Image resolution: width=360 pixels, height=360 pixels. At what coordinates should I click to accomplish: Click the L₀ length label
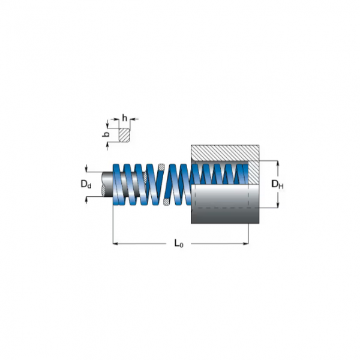(x=178, y=243)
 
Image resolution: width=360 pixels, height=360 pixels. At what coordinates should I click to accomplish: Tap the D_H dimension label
(x=277, y=185)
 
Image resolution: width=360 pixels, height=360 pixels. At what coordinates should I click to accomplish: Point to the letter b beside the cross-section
(x=107, y=135)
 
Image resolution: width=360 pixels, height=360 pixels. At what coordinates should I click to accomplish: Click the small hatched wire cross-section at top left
(x=124, y=134)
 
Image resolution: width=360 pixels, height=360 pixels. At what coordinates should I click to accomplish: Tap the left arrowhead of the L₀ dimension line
(x=116, y=244)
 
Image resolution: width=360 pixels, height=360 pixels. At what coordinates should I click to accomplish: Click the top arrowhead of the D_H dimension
(x=277, y=163)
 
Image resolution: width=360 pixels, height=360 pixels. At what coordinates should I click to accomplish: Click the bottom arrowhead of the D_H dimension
(x=277, y=206)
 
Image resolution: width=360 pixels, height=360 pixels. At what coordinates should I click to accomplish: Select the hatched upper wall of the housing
(x=224, y=153)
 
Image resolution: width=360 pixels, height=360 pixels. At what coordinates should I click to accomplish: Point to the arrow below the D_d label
(x=87, y=200)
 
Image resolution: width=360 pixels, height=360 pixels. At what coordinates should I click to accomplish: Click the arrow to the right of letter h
(x=133, y=118)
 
